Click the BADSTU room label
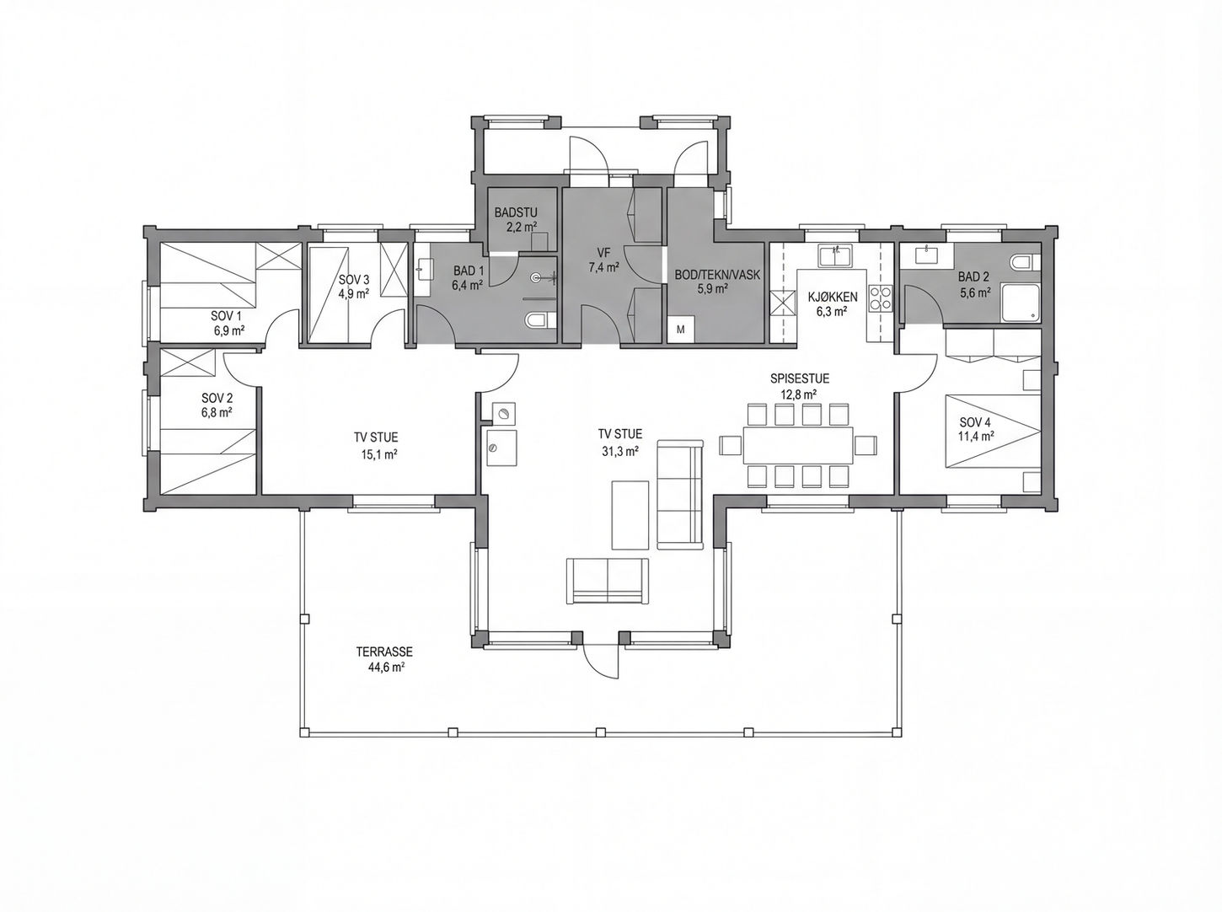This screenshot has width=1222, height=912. [516, 212]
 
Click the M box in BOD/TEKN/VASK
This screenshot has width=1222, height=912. [680, 329]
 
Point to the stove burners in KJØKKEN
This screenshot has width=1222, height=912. [880, 297]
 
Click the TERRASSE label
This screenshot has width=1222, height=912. [384, 652]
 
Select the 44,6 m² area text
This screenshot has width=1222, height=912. [385, 668]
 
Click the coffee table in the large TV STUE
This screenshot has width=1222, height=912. [630, 514]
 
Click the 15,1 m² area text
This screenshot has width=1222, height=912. [379, 453]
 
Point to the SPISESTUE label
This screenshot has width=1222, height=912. [800, 378]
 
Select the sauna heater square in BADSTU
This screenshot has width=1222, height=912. [539, 242]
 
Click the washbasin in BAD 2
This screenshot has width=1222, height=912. [927, 255]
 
